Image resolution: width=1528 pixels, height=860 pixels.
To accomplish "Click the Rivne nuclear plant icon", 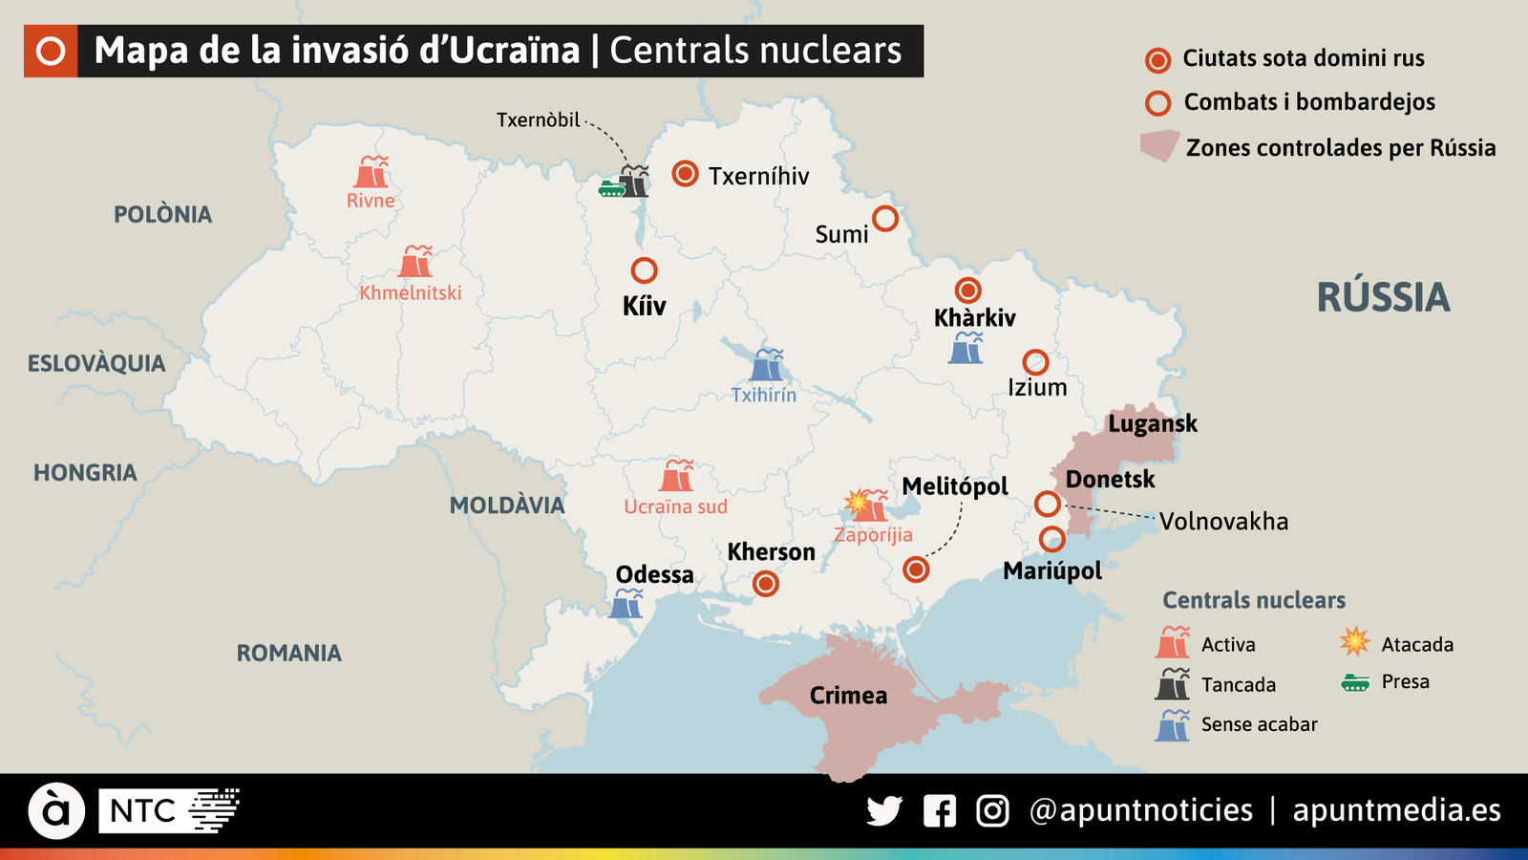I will [371, 172].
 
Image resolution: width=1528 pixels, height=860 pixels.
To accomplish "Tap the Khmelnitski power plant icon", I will [416, 262].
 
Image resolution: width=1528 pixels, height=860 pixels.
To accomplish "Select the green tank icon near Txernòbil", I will [611, 188].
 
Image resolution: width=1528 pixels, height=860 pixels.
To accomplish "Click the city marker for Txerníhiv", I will [685, 173].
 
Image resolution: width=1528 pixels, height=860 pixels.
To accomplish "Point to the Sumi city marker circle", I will [885, 219].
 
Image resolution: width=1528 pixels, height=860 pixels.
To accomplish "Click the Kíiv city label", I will [644, 306].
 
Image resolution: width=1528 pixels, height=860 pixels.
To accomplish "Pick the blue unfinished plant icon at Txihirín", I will [767, 365].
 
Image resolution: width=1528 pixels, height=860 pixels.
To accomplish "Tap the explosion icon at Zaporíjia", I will [857, 502].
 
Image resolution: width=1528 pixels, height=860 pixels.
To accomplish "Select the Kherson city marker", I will [766, 583].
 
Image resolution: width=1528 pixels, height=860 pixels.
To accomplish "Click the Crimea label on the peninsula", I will [848, 696].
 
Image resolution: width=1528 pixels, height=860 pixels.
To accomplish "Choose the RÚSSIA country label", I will [1383, 298].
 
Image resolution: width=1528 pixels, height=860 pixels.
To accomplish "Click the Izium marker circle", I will [1035, 362].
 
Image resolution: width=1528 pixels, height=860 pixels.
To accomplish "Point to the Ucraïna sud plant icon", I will [677, 475].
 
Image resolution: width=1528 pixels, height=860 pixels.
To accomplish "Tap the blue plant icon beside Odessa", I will [626, 604].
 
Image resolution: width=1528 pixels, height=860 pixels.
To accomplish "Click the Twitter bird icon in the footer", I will [884, 811].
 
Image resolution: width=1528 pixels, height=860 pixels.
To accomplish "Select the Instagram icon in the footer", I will [992, 811].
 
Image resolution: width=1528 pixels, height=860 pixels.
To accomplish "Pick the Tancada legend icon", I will [1173, 684].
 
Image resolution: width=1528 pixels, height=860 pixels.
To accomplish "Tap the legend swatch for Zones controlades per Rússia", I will [1159, 146].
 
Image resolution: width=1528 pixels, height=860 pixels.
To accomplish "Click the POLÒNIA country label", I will [163, 214].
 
